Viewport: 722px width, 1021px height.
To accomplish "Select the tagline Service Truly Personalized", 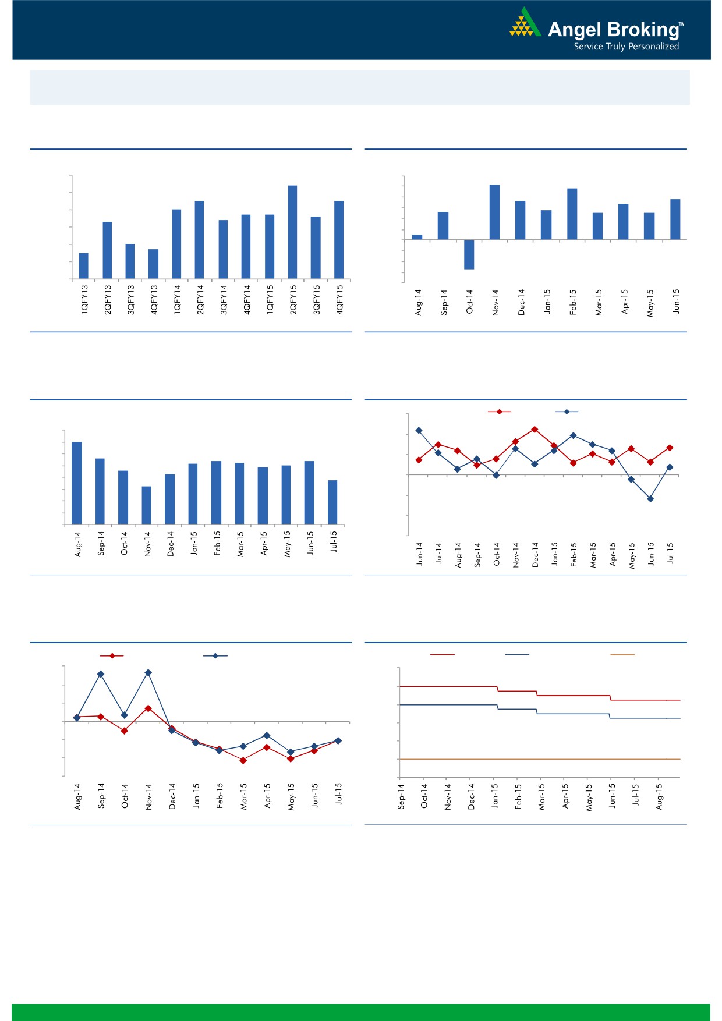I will point(626,47).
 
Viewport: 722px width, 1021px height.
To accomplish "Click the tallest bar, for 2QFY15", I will point(292,232).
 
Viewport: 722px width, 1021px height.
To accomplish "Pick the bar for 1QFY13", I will point(84,265).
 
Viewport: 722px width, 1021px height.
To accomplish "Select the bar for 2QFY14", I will point(199,239).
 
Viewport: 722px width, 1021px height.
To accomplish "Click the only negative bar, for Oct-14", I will point(469,254).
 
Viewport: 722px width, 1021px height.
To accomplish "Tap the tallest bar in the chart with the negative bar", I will point(494,212).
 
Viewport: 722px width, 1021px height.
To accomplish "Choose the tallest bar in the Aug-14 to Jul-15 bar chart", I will point(76,483).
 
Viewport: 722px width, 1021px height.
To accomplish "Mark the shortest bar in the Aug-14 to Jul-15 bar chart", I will point(147,505).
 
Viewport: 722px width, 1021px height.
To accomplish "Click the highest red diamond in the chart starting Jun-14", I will point(535,430).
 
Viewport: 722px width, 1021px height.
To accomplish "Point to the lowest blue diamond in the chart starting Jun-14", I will point(650,499).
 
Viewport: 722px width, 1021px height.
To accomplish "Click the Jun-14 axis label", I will point(419,554).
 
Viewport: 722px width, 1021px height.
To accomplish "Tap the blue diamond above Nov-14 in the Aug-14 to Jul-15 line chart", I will point(148,673).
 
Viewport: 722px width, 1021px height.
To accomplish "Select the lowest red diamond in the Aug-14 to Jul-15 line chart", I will point(243,760).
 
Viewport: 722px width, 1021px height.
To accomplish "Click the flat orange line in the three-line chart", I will point(539,759).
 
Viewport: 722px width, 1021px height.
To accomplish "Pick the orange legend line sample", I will point(622,655).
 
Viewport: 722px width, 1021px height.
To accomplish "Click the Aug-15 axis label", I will point(659,796).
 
